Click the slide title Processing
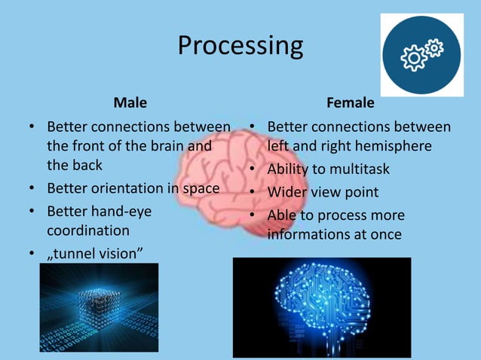coord(240,47)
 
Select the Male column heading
coord(130,102)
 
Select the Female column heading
coord(350,102)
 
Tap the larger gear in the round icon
coord(414,58)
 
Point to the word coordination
coord(88,230)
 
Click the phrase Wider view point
coord(323,192)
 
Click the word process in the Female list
coord(335,215)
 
